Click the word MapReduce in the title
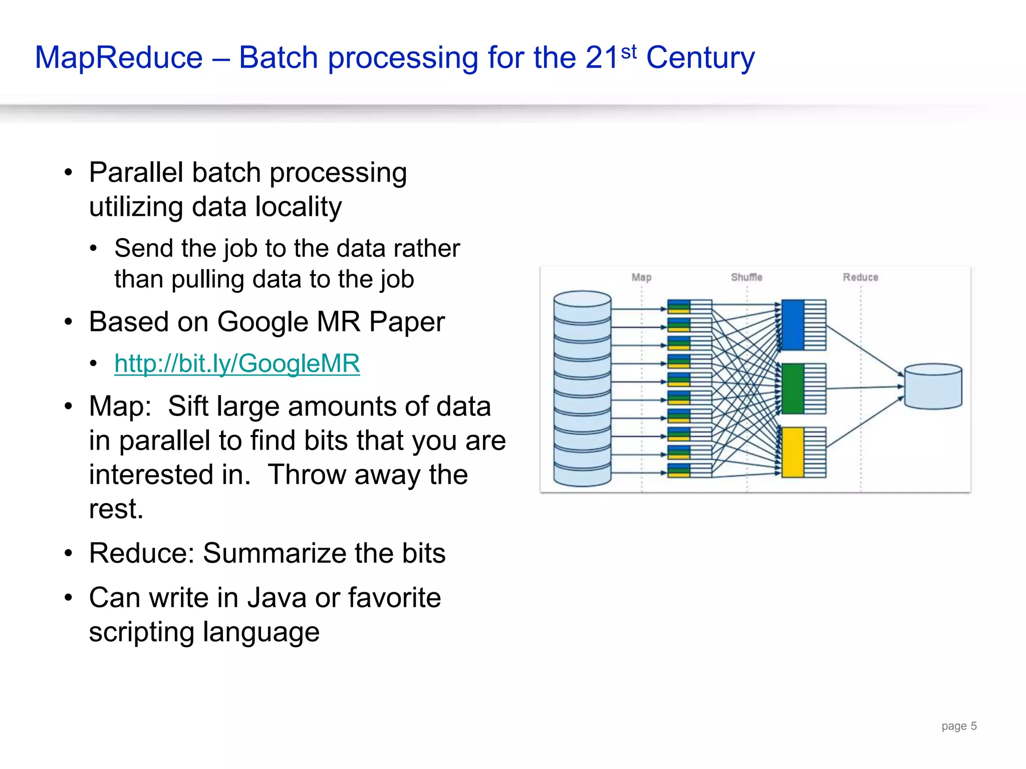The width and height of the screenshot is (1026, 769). coord(119,58)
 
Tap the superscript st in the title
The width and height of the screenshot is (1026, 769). coord(629,52)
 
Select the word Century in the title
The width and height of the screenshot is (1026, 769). coord(700,58)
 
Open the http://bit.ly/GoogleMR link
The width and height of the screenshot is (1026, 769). coord(237,363)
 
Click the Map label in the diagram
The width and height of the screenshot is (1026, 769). coord(641,277)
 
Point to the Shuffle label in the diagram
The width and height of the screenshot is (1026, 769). coord(746,277)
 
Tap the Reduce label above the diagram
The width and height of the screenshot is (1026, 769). coord(860,277)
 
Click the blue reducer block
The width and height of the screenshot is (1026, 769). coord(793,325)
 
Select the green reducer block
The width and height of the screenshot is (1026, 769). coord(793,389)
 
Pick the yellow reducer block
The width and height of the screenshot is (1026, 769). coord(793,452)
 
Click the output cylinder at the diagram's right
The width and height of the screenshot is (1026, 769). coord(933,387)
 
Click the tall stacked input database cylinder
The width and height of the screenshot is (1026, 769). coord(582,389)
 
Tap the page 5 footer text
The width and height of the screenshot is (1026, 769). coord(959,726)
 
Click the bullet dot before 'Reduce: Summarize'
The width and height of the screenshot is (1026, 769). coord(69,554)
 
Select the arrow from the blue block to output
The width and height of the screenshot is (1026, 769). coord(864,350)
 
